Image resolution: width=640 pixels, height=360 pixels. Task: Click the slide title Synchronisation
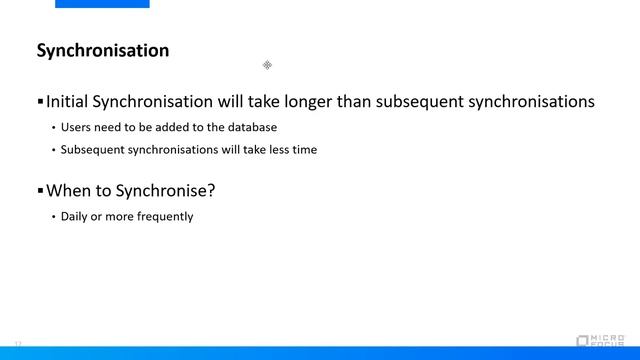(103, 50)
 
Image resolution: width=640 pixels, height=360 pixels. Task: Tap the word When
(69, 190)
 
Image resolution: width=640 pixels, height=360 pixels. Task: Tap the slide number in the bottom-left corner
(18, 343)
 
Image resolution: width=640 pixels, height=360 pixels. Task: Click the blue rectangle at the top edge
(102, 4)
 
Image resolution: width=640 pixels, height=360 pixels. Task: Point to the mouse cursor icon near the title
(267, 65)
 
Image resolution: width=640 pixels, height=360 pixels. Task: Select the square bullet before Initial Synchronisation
(40, 102)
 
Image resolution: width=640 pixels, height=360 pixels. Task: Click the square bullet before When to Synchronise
(40, 190)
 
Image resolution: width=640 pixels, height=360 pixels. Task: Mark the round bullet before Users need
(53, 128)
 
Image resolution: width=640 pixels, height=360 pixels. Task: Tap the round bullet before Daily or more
(53, 216)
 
